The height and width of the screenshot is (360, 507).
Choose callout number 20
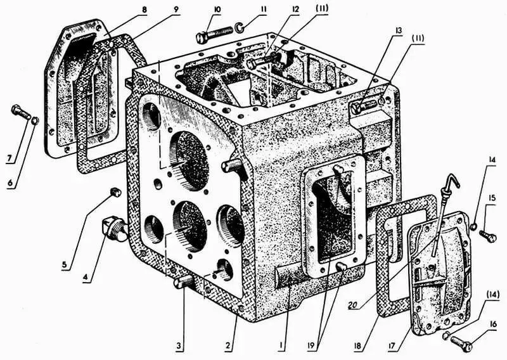pyautogui.click(x=354, y=302)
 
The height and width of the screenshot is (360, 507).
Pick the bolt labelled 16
pyautogui.click(x=461, y=344)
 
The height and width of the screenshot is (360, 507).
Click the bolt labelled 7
pyautogui.click(x=19, y=114)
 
